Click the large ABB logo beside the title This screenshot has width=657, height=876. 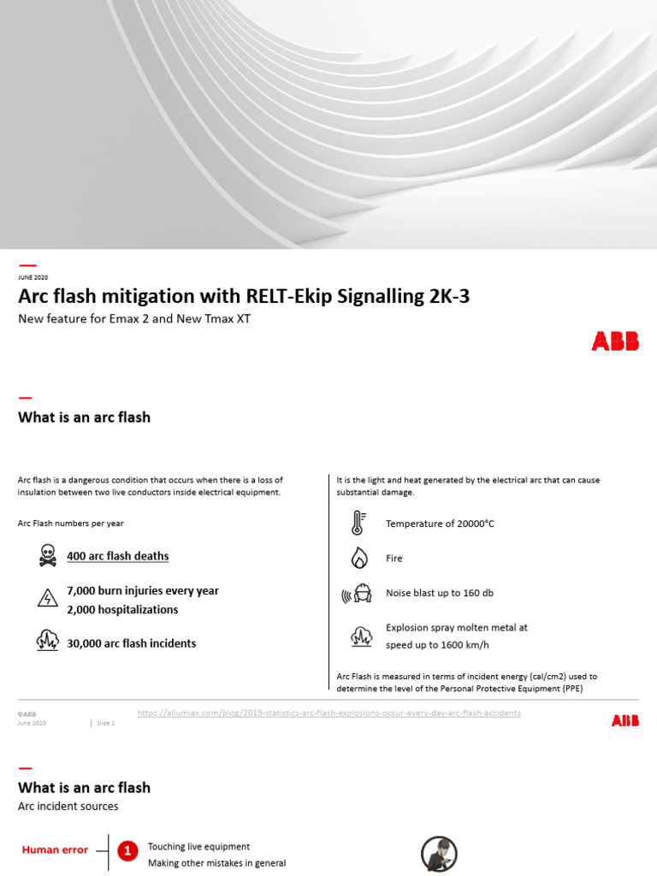pos(614,341)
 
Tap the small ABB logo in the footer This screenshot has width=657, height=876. pos(624,721)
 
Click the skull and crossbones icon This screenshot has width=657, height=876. pos(48,555)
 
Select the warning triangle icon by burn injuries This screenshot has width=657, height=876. pos(48,598)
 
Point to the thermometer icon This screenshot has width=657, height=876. pos(358,523)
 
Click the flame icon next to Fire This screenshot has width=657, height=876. pos(359,558)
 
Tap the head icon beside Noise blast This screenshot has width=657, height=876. pos(359,593)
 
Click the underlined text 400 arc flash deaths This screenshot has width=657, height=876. pos(118,556)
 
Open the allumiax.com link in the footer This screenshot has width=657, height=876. pos(328,713)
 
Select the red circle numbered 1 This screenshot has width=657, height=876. pos(127,850)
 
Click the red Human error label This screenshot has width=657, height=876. pos(55,849)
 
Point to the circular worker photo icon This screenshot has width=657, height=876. pos(439,854)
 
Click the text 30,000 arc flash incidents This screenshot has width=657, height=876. pos(132,643)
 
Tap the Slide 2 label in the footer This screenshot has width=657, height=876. pos(105,723)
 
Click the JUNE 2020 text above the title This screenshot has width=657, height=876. pos(33,278)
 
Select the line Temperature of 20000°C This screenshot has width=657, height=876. pos(440,524)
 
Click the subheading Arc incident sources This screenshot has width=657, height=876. pos(68,806)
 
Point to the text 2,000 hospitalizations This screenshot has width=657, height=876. pos(122,610)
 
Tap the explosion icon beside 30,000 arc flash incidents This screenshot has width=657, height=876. pos(48,641)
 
